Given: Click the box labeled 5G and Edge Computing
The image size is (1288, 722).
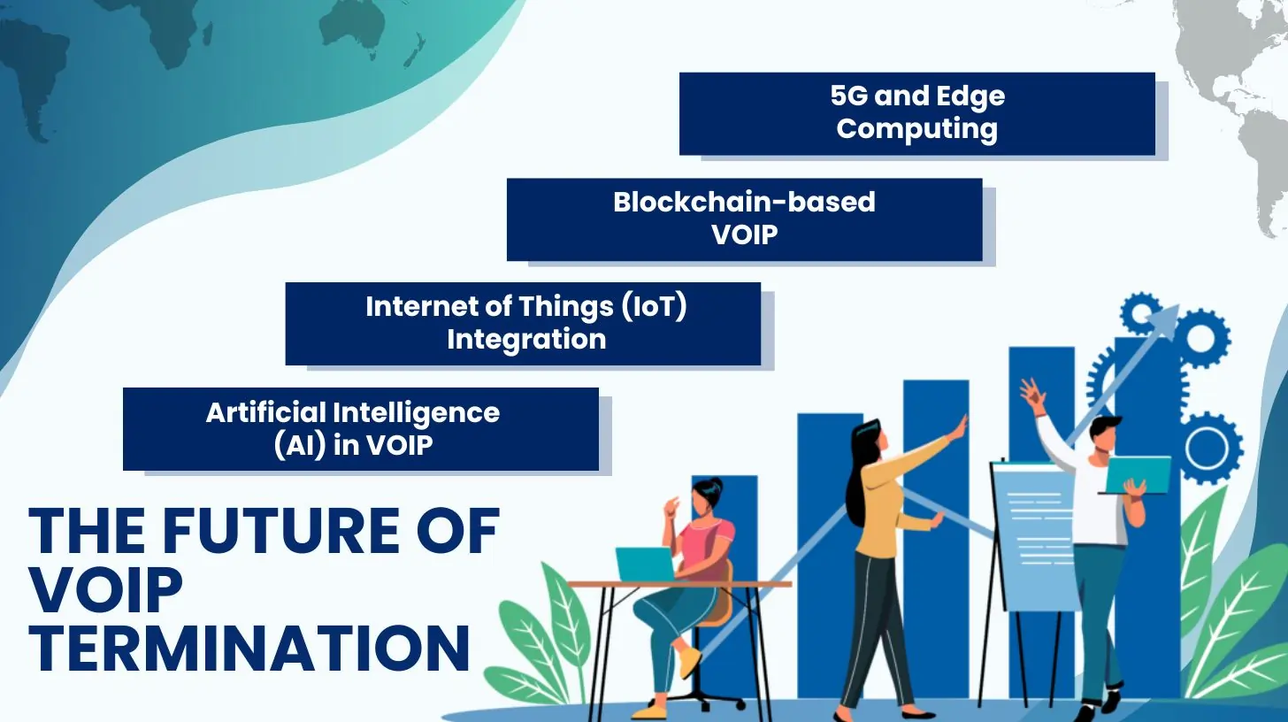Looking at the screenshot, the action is click(917, 113).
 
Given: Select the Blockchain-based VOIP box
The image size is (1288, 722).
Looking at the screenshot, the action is click(745, 219).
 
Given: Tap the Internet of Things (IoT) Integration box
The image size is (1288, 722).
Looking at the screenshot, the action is click(524, 323).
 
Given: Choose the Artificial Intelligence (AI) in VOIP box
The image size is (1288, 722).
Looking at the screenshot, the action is click(361, 429).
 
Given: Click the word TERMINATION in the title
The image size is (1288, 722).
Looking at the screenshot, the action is click(249, 649).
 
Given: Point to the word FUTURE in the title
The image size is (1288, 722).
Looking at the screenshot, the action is click(281, 531).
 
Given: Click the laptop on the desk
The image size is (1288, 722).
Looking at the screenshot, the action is click(645, 564).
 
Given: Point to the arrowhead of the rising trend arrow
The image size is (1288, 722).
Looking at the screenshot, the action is click(1165, 318).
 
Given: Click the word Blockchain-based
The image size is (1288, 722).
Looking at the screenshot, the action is click(744, 202).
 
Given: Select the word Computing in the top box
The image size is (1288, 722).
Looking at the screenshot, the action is click(917, 129).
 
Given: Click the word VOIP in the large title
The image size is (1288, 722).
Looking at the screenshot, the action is click(106, 589).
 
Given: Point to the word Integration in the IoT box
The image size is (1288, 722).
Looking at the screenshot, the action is click(526, 340).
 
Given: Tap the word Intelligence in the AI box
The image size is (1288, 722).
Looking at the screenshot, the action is click(417, 413).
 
